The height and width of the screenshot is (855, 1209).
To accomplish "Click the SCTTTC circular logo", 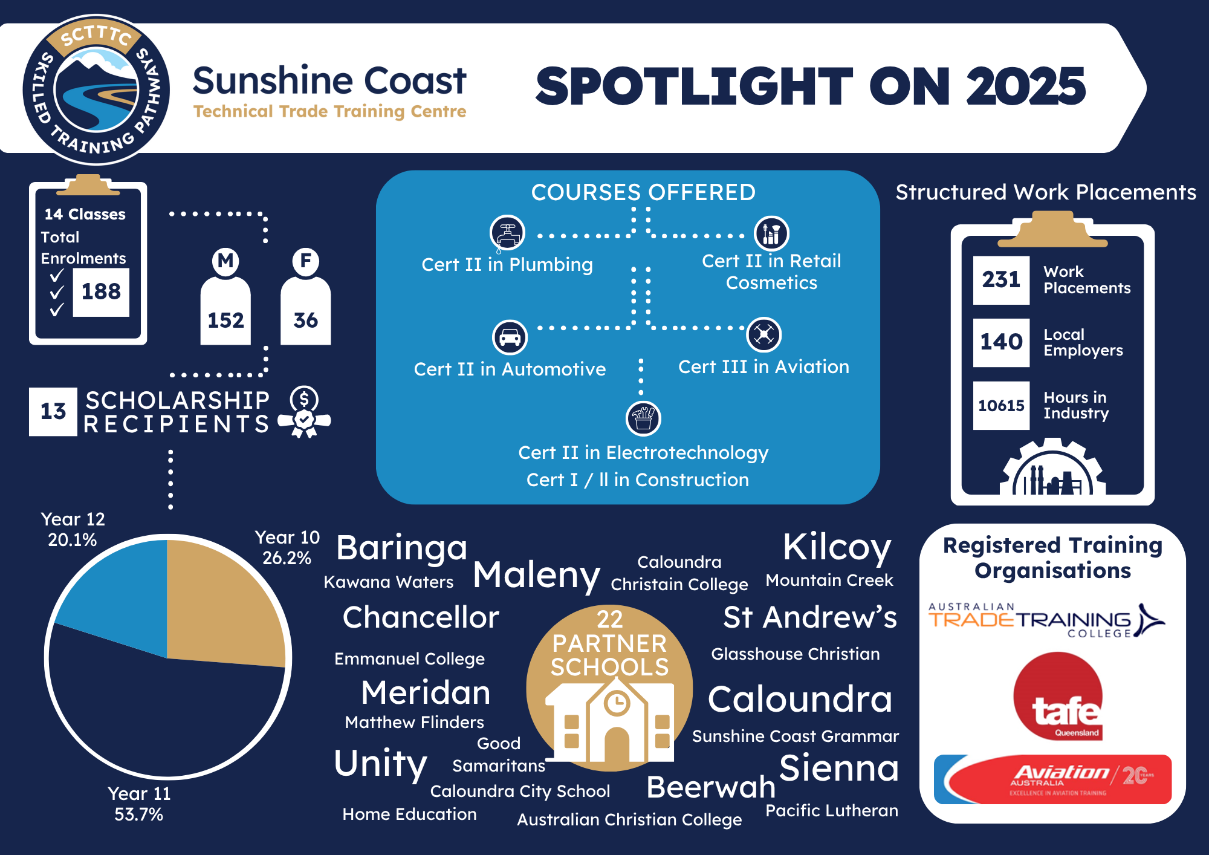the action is tap(96, 89).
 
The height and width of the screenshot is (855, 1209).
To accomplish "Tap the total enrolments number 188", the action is tap(101, 291).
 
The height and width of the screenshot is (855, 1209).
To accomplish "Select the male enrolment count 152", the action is tap(225, 320).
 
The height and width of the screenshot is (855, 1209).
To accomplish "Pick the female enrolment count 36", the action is tap(305, 320).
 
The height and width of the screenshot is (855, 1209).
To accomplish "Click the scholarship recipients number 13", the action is tap(53, 411).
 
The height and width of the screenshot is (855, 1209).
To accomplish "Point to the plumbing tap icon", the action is tap(507, 233).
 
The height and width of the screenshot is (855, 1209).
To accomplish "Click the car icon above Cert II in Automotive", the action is tap(510, 337).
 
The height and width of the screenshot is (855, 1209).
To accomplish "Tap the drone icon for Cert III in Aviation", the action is tap(764, 334).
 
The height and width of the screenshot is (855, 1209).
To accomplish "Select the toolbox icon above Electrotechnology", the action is tap(643, 418).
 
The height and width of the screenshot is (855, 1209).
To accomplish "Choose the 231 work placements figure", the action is tap(1001, 279).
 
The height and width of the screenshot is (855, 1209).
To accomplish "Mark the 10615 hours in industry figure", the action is tap(1001, 405).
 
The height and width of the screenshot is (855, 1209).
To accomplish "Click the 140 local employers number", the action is tap(1001, 342).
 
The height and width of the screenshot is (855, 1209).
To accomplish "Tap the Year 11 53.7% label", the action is tap(139, 804).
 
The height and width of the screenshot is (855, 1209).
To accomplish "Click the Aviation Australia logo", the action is tap(1052, 779).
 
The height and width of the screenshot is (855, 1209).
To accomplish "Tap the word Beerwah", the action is tap(711, 787).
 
